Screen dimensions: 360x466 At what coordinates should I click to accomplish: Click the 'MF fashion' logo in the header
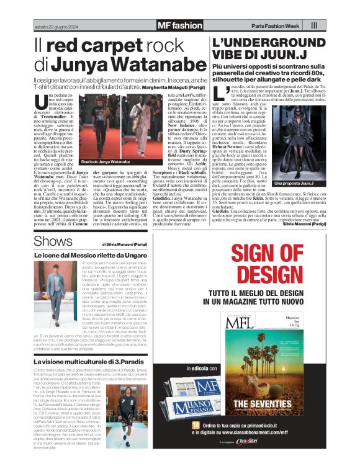[x=179, y=25]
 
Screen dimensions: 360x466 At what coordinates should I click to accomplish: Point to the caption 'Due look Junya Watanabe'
[x=84, y=161]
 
